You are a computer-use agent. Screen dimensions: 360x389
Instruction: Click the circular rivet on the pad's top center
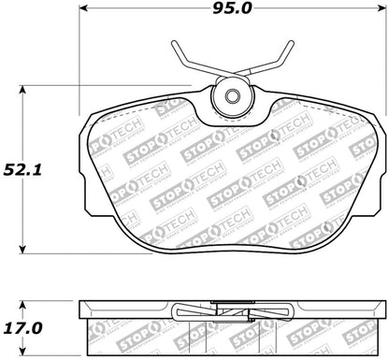229,98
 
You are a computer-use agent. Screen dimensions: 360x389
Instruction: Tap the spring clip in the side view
228,309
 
